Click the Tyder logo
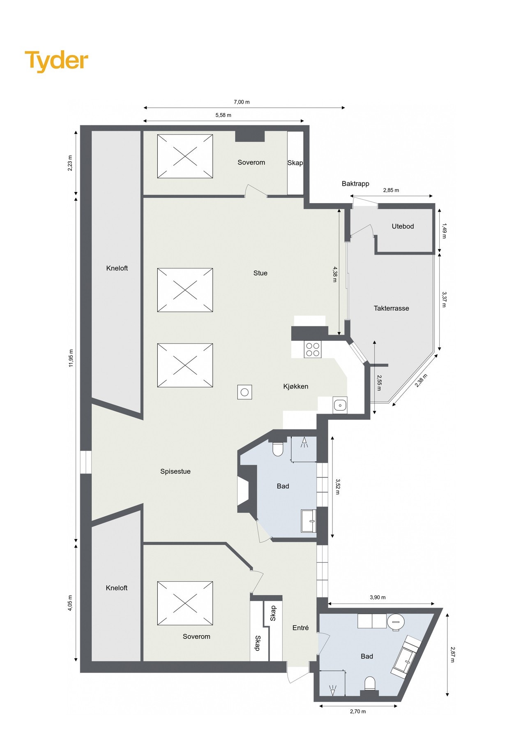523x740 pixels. point(56,61)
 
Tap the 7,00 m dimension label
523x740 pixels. point(242,102)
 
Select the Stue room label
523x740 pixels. point(260,273)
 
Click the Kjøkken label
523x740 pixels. point(295,386)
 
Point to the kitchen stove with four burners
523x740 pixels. point(312,349)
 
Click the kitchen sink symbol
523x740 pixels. point(340,405)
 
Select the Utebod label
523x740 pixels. point(402,226)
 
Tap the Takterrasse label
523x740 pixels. point(391,308)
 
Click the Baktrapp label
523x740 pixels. point(355,184)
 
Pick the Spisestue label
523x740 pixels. point(175,472)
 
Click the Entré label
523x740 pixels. point(300,628)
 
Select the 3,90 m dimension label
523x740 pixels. point(378,597)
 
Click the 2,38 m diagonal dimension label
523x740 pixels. point(422,381)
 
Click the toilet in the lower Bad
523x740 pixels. point(370,684)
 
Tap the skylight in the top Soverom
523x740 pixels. point(185,156)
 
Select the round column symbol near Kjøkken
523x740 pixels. point(244,392)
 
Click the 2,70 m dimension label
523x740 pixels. point(358,712)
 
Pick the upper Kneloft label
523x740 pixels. point(117,268)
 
